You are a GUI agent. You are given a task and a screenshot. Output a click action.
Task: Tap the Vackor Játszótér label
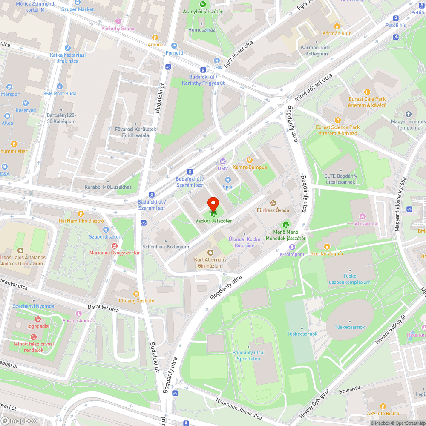213,221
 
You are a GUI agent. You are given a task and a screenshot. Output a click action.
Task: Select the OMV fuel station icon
222,161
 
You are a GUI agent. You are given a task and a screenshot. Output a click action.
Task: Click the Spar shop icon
227,180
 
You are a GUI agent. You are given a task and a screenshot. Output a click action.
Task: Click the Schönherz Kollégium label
165,247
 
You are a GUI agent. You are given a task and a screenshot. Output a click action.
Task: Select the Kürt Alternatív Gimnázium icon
210,253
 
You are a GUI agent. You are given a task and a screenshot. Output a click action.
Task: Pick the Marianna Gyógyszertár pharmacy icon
114,246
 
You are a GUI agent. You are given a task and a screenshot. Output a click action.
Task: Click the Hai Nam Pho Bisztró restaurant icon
81,214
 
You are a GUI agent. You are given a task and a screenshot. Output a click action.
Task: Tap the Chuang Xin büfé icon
136,294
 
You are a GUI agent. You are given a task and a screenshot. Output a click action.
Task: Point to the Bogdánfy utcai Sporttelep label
248,356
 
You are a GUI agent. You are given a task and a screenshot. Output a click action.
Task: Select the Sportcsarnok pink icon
363,216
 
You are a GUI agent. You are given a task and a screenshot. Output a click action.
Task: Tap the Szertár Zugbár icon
327,246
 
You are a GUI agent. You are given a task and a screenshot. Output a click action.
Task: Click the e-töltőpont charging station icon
292,247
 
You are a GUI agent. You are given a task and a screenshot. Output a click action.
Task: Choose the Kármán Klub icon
337,26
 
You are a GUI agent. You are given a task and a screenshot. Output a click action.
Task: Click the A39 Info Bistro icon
383,406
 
